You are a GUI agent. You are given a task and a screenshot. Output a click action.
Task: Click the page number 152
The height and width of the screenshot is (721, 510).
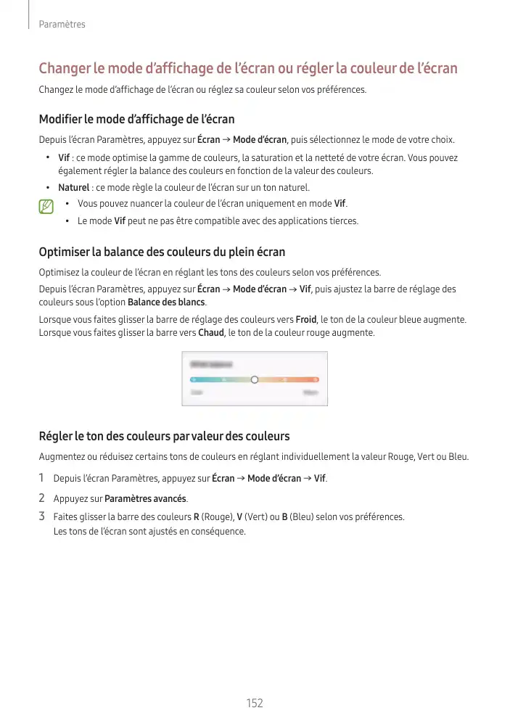254,703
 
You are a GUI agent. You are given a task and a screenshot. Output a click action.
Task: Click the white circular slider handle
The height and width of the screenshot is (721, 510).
255,379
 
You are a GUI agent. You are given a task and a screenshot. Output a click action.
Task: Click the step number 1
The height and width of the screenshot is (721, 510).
41,478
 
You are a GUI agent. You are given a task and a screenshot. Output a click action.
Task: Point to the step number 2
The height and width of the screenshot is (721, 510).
41,498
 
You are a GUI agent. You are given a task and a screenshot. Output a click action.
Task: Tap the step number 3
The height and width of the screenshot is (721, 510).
41,516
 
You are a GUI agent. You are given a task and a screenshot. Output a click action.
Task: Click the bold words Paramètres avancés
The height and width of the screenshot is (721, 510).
145,499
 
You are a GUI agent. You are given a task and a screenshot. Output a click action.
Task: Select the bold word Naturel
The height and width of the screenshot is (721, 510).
74,188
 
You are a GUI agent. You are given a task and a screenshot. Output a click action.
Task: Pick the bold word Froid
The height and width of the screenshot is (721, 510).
305,319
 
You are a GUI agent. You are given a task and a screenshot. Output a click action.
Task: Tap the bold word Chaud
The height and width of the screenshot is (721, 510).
210,333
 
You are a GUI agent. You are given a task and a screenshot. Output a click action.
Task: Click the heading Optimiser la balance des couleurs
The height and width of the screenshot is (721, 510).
161,252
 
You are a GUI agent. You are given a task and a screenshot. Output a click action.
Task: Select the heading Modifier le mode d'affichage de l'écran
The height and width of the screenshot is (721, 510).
136,119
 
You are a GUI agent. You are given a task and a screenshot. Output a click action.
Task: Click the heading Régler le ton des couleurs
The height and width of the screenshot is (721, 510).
164,436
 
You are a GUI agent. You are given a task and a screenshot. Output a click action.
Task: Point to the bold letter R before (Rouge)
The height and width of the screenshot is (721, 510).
196,517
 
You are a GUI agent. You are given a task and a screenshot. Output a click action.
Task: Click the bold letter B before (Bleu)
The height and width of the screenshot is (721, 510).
284,517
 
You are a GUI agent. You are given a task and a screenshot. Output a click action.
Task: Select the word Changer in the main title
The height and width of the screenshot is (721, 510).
64,69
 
